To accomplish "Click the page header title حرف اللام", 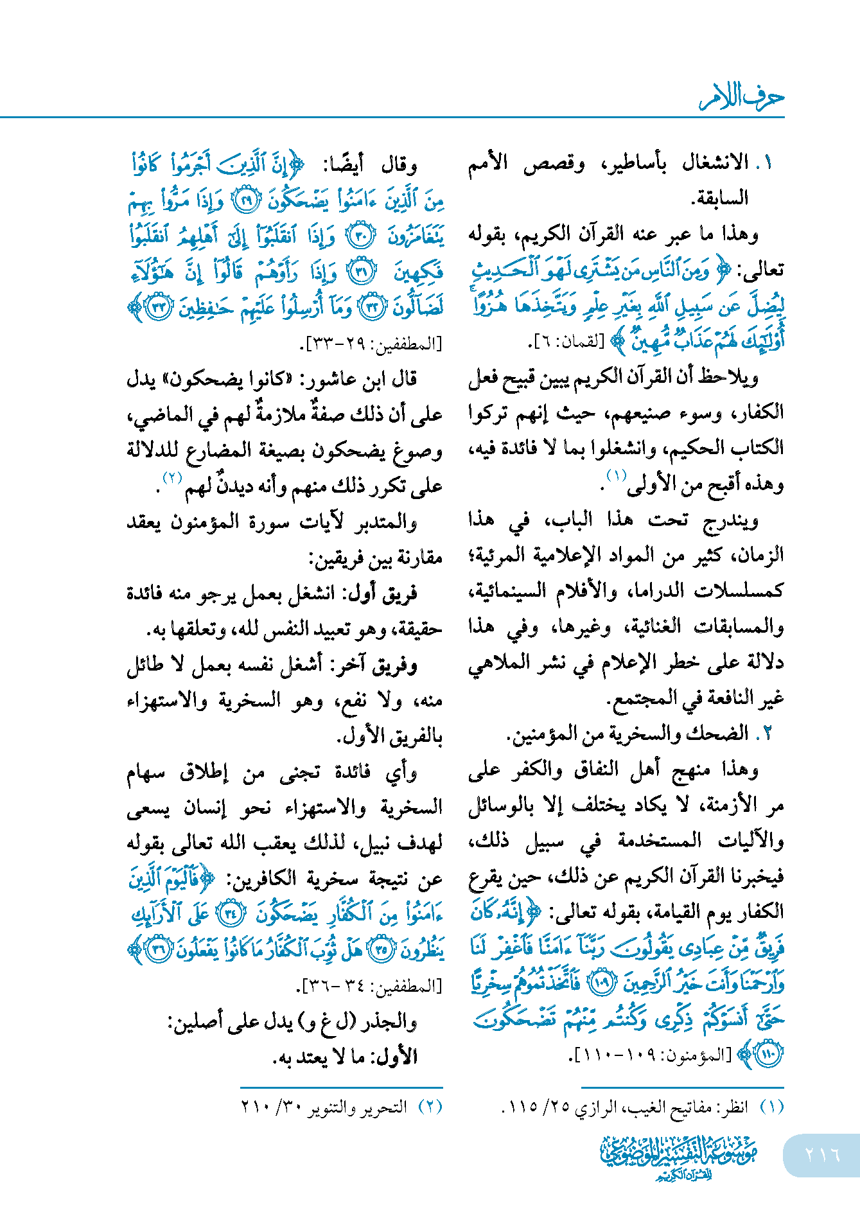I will [x=741, y=98].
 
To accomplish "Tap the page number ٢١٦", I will [x=822, y=1155].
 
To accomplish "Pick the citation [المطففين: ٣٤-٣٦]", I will [x=371, y=984].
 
